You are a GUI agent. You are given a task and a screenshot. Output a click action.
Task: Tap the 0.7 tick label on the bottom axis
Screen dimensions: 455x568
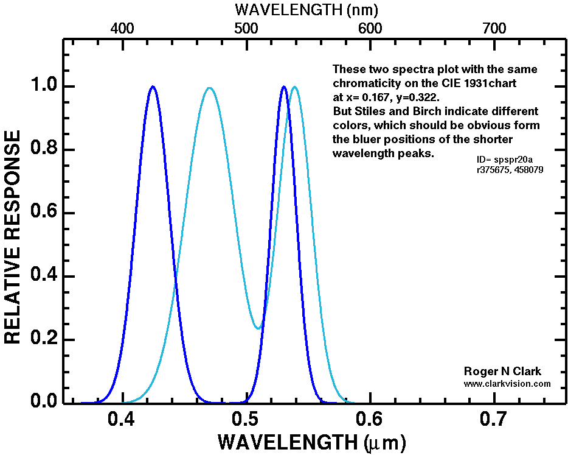point(493,419)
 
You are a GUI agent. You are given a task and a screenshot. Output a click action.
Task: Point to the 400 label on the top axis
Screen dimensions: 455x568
point(122,28)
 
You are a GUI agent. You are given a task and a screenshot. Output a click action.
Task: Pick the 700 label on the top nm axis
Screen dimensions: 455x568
point(493,28)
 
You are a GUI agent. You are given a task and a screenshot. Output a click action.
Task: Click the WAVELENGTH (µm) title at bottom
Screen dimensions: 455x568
point(311,442)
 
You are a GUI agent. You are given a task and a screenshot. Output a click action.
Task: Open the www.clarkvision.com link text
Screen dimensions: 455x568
point(507,384)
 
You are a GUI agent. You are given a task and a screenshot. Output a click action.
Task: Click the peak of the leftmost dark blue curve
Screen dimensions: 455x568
point(153,86)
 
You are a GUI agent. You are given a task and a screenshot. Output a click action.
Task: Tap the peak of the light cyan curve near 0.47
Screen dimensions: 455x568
point(210,88)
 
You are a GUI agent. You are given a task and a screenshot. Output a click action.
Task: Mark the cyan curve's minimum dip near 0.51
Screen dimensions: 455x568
point(258,329)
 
